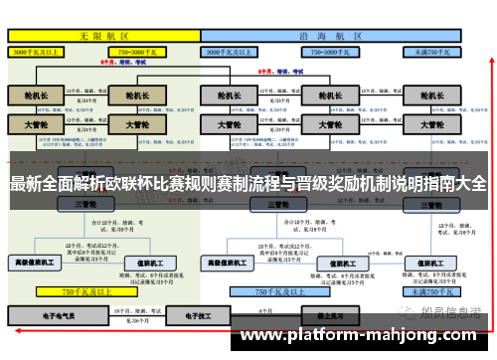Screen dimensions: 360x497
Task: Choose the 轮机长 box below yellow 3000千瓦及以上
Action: (x=36, y=96)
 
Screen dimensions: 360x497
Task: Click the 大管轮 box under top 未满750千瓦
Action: (x=432, y=125)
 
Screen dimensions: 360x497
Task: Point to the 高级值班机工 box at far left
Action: (x=36, y=263)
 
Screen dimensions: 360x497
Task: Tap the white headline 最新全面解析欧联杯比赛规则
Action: (x=248, y=183)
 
